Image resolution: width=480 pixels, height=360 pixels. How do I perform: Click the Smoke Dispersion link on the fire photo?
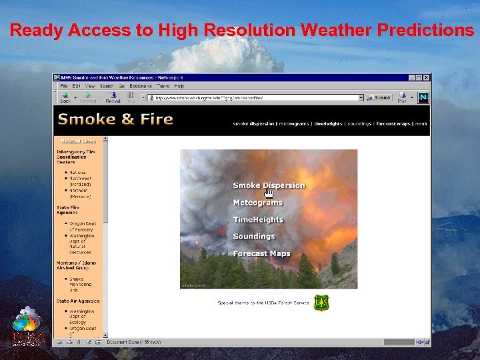(269, 185)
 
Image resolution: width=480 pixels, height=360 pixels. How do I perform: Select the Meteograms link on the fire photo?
(257, 203)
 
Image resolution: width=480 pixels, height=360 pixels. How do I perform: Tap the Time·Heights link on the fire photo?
(258, 219)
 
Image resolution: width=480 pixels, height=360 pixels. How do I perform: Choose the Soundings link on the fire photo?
(253, 237)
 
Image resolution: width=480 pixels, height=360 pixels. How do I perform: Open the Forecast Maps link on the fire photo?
(261, 253)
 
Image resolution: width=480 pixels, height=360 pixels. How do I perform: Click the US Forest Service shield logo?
(321, 303)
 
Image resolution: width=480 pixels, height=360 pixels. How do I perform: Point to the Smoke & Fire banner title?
(115, 120)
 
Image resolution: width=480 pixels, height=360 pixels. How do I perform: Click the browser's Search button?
(379, 97)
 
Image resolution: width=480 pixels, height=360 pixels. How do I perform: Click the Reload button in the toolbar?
(113, 98)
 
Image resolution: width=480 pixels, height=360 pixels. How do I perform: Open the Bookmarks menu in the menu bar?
(141, 86)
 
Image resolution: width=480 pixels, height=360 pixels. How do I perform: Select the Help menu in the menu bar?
(179, 86)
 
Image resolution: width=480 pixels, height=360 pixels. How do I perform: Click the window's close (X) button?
(427, 77)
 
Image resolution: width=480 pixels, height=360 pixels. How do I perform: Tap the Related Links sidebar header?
(79, 141)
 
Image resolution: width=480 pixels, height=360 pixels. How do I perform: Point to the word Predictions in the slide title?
(425, 30)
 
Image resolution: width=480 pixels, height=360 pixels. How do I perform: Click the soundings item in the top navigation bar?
(359, 124)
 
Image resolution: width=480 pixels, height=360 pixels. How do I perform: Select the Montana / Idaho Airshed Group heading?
(76, 265)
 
